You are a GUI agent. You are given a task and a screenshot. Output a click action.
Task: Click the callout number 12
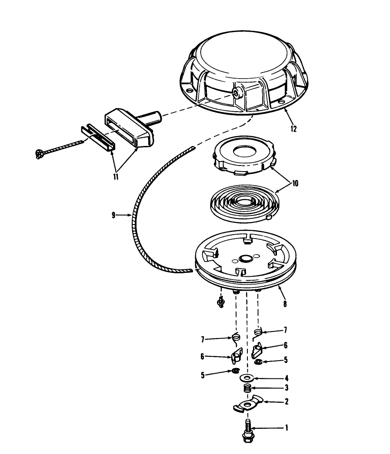[293, 129]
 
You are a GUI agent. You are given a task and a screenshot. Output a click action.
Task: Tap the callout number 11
[116, 177]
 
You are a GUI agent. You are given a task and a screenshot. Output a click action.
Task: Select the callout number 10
[295, 184]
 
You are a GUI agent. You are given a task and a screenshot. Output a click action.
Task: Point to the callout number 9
[113, 215]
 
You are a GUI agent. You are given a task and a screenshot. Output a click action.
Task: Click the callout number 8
[285, 304]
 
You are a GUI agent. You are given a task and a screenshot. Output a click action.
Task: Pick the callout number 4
[287, 378]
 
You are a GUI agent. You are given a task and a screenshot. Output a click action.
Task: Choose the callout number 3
[287, 388]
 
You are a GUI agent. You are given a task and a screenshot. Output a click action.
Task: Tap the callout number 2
[287, 401]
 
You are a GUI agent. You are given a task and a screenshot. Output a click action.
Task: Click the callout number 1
[287, 428]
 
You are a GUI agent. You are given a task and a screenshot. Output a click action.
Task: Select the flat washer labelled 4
[247, 378]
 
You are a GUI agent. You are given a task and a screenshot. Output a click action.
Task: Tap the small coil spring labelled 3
[247, 388]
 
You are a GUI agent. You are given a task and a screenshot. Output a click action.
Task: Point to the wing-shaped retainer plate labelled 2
[248, 403]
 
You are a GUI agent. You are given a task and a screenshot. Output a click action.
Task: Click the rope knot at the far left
[39, 154]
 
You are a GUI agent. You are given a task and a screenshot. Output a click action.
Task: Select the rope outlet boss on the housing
[238, 93]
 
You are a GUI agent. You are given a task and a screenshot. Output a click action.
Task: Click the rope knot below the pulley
[221, 302]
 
